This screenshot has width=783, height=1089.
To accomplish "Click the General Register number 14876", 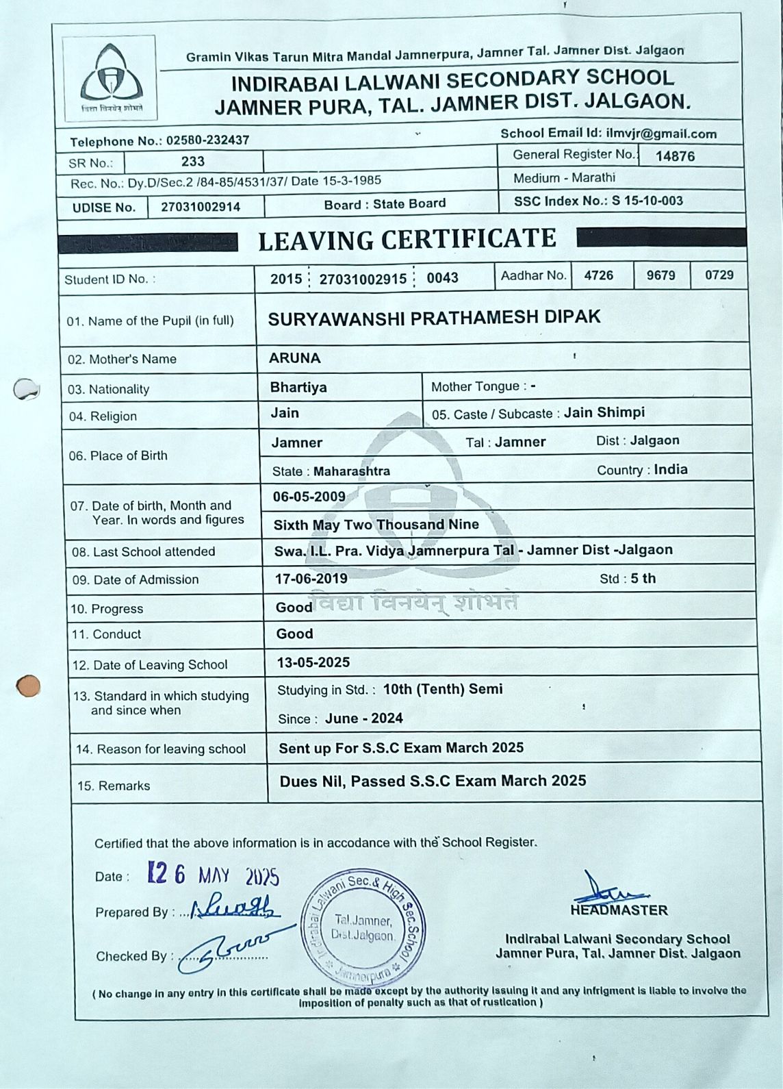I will point(675,156).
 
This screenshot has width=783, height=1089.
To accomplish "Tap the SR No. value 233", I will point(193,161).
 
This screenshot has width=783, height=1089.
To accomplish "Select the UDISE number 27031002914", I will point(201,207).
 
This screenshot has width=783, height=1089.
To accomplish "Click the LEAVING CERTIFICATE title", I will point(407,240).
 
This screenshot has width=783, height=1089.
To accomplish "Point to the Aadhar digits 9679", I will point(660,275).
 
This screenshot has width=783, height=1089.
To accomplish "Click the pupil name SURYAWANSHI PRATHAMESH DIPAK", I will point(434,318).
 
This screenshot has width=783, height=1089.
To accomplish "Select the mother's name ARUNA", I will point(294,358).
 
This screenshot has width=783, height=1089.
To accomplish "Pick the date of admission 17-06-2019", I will point(311,579).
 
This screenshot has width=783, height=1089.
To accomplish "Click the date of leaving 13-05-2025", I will point(313,662).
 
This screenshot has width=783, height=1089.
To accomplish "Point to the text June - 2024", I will point(363,718).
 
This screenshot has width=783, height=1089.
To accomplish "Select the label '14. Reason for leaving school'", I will point(161,749).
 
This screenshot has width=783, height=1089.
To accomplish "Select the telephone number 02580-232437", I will point(207,140).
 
